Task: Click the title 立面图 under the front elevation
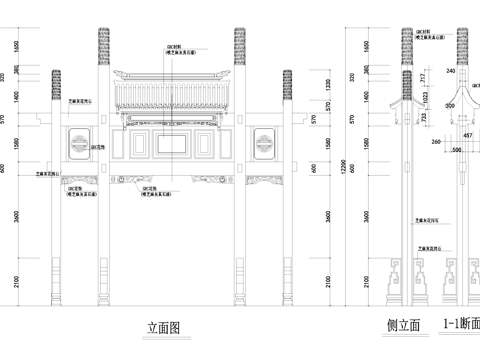click(x=162, y=326)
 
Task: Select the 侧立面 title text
click(x=402, y=325)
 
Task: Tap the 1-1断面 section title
click(x=458, y=325)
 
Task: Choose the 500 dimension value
click(x=457, y=150)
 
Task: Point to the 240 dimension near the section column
click(x=451, y=71)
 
